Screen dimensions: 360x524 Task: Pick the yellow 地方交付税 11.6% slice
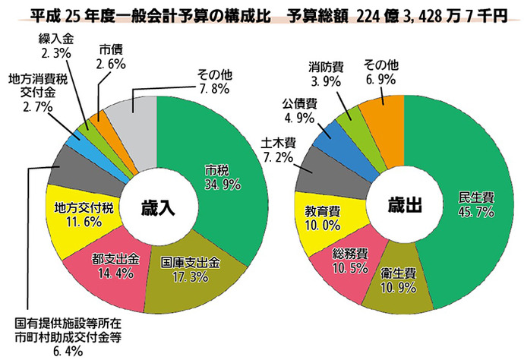tap(84, 213)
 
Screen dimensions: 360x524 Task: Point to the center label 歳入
tap(157, 207)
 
